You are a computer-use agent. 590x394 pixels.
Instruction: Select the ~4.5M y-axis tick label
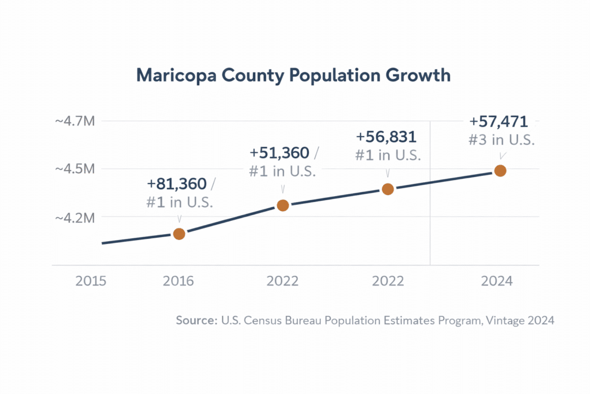pos(74,169)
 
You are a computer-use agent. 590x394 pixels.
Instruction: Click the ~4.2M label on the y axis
pos(74,217)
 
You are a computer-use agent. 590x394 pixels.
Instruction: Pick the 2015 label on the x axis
pos(91,281)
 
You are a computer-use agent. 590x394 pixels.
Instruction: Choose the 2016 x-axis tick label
pos(179,281)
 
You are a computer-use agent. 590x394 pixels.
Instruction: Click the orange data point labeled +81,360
pos(179,234)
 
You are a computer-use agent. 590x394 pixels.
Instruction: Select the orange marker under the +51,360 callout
pos(282,205)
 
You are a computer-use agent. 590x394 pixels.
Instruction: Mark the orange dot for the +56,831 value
pos(388,189)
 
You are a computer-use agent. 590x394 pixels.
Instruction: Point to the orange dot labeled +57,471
pos(500,171)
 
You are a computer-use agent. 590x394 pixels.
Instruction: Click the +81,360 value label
pos(176,184)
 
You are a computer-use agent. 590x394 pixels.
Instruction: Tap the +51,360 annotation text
pos(279,153)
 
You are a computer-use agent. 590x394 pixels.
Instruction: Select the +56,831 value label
pos(386,137)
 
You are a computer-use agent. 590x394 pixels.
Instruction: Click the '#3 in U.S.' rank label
pos(500,140)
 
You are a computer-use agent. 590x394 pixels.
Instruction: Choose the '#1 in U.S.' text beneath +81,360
pos(179,202)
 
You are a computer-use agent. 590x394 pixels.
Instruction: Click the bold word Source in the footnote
pos(196,321)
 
